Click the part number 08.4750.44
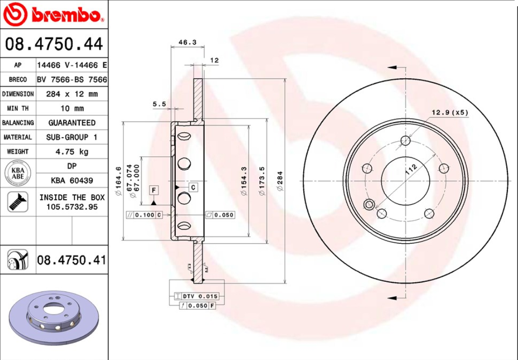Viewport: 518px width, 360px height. [x=54, y=44]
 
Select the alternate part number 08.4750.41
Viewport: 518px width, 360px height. [x=71, y=261]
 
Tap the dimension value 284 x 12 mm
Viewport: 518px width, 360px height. [x=71, y=94]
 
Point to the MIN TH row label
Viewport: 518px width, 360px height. [x=18, y=109]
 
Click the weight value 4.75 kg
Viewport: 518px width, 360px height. [x=71, y=152]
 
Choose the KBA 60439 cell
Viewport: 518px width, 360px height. [x=71, y=180]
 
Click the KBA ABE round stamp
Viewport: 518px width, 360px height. [x=18, y=173]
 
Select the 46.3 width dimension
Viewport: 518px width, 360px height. [x=187, y=42]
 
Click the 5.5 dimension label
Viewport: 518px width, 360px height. [x=159, y=104]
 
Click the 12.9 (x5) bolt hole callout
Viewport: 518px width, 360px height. [x=449, y=112]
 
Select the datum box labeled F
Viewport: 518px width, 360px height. [x=154, y=190]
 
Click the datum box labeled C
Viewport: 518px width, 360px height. [x=193, y=187]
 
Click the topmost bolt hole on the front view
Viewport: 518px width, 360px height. [x=406, y=141]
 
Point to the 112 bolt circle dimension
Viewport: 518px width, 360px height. [x=411, y=169]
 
